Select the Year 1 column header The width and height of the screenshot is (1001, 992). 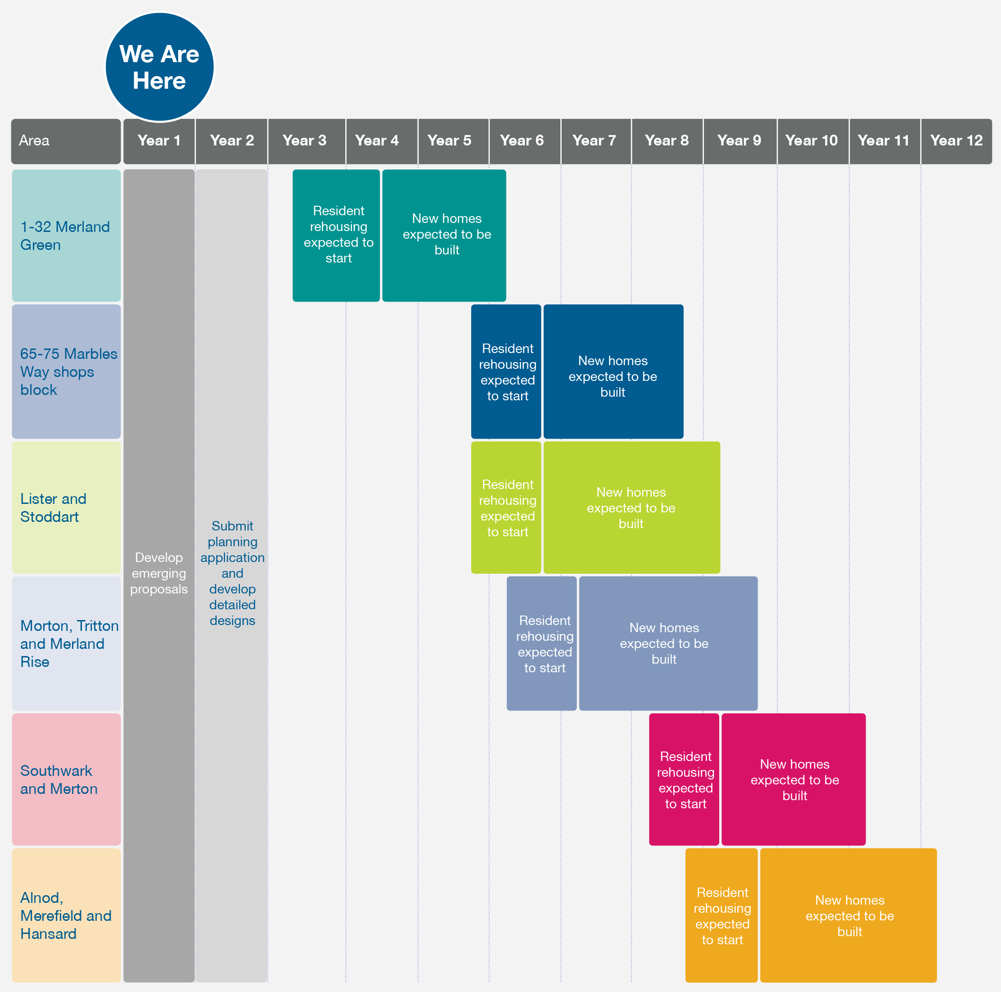click(x=159, y=141)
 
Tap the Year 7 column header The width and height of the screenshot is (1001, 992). click(x=594, y=141)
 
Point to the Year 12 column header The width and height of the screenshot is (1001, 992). click(x=956, y=141)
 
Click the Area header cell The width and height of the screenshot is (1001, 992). click(x=66, y=141)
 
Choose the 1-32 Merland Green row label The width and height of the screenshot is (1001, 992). click(x=66, y=236)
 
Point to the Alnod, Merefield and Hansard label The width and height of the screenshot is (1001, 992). click(x=66, y=915)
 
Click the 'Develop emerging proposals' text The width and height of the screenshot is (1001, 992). click(x=158, y=573)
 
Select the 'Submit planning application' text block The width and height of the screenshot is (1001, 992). click(x=232, y=573)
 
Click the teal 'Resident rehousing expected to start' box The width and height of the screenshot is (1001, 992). click(x=336, y=236)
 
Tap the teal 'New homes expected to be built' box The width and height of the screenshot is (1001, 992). click(x=445, y=236)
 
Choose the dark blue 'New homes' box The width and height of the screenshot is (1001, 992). click(x=613, y=371)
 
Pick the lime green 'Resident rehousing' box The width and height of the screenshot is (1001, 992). click(x=506, y=507)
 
